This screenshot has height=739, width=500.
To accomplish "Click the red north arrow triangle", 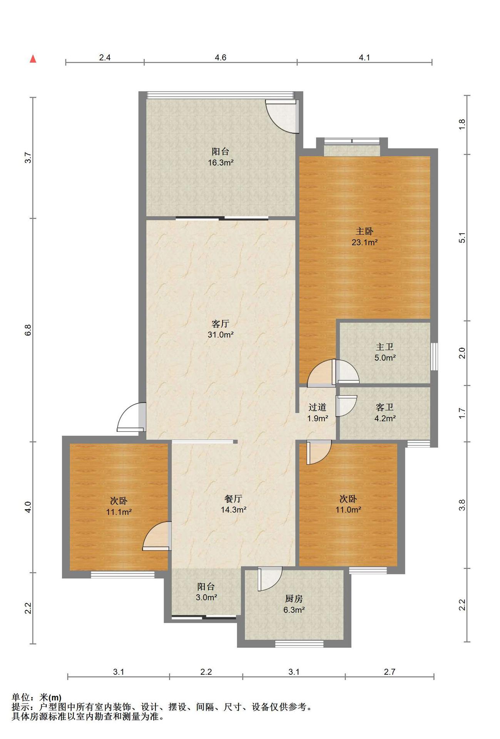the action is pos(33,59).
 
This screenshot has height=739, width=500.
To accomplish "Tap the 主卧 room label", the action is pos(364,231).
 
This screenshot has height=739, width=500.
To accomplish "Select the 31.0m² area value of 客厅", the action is pos(221,335).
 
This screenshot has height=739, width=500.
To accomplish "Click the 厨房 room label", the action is pos(294,599).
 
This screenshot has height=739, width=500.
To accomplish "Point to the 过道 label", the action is pos(317,407).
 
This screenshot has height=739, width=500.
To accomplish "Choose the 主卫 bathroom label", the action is pos(385,347).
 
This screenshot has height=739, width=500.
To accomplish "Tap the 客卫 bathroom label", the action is pos(385,407).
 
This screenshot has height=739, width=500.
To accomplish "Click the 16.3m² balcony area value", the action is pos(221,163).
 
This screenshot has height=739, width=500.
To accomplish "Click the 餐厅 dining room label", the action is pos(233,499).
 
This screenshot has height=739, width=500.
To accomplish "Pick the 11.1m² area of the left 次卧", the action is pos(119,512).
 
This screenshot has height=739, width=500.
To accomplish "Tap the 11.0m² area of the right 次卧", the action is pos(348,510).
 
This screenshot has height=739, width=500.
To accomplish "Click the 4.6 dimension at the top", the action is pos(221,58).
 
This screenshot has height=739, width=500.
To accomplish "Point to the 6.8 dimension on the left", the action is pos(28,330).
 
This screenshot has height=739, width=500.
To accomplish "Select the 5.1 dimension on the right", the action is pos(462,238).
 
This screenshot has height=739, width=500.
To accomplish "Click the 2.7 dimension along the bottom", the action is pos(390,672).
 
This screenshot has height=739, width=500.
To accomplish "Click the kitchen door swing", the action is pos(270,579).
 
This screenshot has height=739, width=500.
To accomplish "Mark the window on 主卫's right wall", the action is pos(434,357).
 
